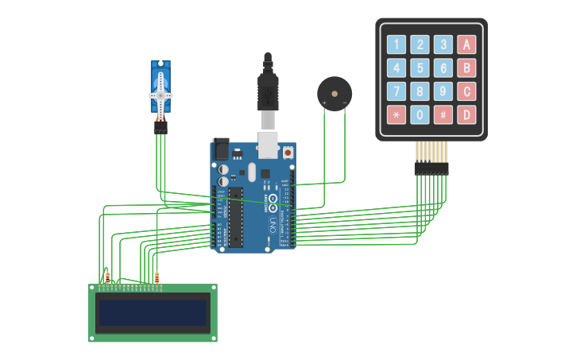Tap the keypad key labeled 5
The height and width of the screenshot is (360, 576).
coord(419,68)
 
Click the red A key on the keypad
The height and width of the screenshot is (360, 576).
coord(467,45)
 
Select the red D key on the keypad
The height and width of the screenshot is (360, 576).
coord(467,114)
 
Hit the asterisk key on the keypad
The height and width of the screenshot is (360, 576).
coord(396,114)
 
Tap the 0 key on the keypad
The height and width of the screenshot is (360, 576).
coord(419,114)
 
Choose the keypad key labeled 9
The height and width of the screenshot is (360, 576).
coord(443,91)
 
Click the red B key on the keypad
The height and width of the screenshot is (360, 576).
coord(467,68)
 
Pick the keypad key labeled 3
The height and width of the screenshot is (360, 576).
coord(443,45)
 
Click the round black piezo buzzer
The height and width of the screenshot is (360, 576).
coord(334,94)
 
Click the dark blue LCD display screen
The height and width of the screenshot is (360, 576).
coord(153,312)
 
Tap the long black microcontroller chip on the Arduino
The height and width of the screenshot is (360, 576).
coord(236,216)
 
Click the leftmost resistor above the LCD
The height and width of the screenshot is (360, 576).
coord(107,277)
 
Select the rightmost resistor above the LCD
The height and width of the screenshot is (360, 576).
coord(157,277)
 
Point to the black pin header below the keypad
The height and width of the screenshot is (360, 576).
coord(431,168)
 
